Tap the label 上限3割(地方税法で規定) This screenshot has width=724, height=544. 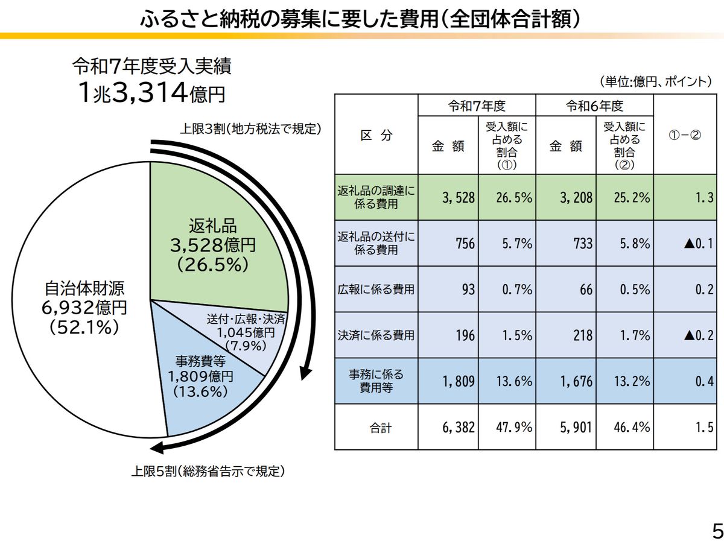click(250, 129)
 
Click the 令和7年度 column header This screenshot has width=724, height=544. click(477, 106)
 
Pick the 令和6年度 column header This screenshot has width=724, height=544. click(594, 106)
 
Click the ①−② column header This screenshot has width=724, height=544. click(685, 135)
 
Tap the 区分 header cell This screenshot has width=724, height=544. click(376, 135)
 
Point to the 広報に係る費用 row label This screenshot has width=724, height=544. click(376, 289)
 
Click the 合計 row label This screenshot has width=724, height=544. click(380, 428)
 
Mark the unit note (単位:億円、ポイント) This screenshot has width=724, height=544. click(656, 81)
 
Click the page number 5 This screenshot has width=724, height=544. click(716, 531)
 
